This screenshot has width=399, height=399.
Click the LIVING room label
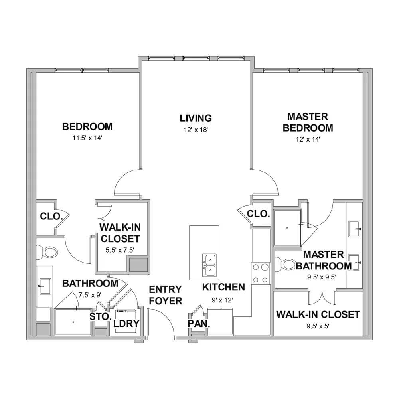click(196, 118)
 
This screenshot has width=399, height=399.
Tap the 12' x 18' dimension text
click(196, 130)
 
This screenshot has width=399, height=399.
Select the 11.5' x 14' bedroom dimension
click(87, 138)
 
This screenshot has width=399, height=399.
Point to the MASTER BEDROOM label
click(308, 122)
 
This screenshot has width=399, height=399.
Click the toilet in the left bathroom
click(47, 252)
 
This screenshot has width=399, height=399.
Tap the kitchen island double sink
click(209, 265)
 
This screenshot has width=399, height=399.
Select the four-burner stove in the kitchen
click(261, 273)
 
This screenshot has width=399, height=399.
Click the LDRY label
click(126, 324)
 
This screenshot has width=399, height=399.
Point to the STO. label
click(101, 316)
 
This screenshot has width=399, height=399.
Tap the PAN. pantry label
click(199, 324)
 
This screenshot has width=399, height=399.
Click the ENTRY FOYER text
click(166, 295)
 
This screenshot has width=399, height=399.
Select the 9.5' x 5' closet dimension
click(318, 326)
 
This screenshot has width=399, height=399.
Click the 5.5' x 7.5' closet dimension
click(120, 250)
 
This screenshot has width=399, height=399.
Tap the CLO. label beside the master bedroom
click(258, 214)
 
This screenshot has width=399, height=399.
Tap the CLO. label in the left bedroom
click(51, 216)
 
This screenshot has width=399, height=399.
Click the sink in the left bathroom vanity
click(45, 286)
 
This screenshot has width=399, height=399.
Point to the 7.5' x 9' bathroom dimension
click(90, 295)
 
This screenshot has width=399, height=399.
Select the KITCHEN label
click(224, 287)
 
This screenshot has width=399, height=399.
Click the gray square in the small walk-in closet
click(138, 265)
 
